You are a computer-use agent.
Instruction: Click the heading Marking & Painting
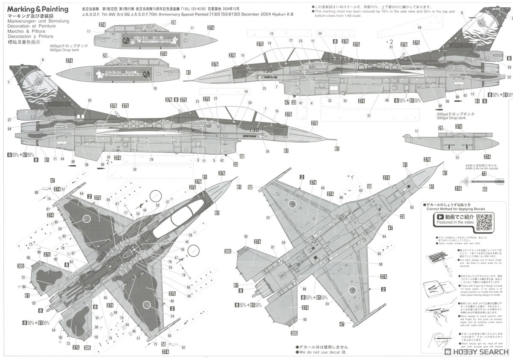38,9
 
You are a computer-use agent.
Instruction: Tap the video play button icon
441,218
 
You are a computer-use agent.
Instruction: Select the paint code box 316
458,189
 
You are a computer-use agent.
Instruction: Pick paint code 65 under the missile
484,189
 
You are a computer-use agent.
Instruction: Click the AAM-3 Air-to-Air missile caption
482,168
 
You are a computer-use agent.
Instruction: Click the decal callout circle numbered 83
412,207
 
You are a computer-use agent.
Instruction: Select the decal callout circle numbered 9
184,57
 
